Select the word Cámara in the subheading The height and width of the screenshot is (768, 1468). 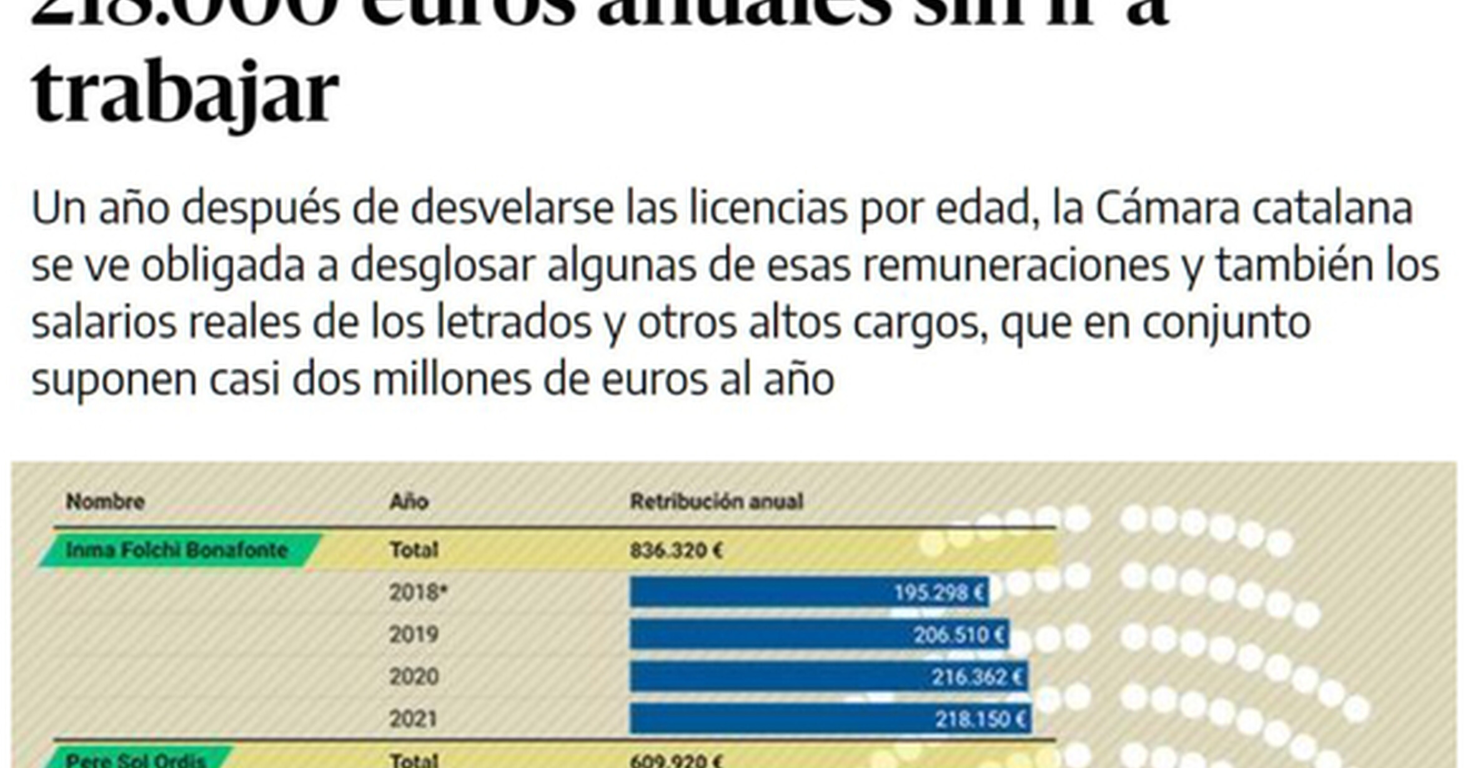(x=1167, y=209)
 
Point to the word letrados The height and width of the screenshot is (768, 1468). (x=513, y=323)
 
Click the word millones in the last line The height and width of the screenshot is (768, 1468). (x=451, y=380)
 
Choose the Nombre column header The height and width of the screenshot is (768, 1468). (x=105, y=501)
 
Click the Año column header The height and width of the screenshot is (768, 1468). (x=409, y=501)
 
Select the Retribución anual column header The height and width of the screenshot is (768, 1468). (x=716, y=501)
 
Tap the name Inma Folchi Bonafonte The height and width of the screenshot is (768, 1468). (x=176, y=550)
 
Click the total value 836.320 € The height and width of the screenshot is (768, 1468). (x=676, y=550)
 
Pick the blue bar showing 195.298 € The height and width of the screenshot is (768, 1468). (x=808, y=592)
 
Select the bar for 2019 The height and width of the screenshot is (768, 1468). (x=818, y=634)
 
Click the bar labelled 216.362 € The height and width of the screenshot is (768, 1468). (x=828, y=677)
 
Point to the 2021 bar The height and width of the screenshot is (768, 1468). (x=830, y=719)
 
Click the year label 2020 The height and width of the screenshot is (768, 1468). (x=414, y=677)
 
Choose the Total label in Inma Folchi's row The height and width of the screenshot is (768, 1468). (x=414, y=550)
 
